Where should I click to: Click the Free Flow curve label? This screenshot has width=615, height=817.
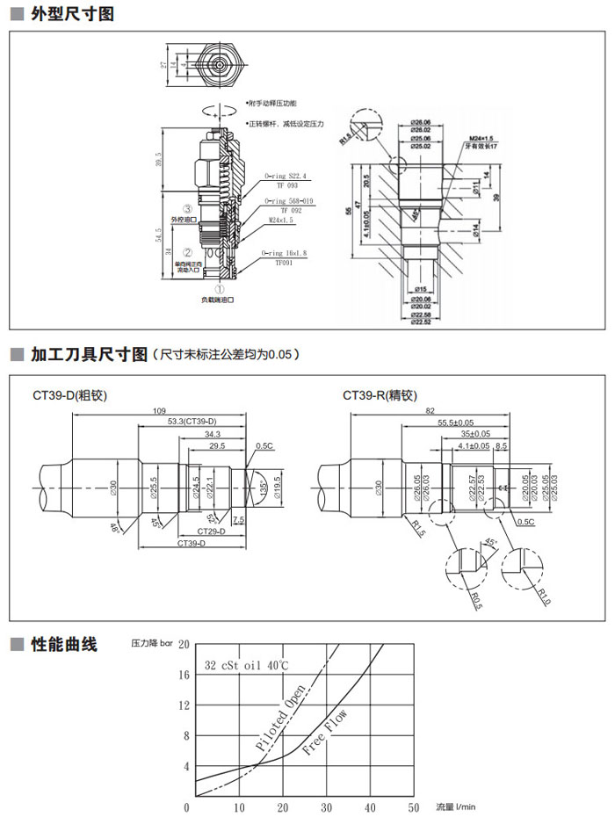pos(325,734)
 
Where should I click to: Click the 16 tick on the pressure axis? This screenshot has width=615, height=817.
pos(184,675)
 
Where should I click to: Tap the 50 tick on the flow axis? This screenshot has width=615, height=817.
pos(414,806)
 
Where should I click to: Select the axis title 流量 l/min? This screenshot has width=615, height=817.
pos(455,806)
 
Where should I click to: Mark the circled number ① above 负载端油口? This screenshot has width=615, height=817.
pos(221,287)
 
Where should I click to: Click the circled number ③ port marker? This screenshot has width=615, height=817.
pos(187,208)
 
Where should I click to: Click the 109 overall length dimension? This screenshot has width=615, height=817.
pos(160,410)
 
